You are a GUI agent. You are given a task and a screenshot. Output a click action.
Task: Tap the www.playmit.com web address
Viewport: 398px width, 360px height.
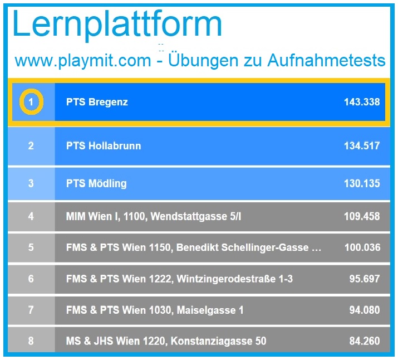(82, 60)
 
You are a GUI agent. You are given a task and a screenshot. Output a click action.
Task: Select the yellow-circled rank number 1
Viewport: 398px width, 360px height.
(31, 102)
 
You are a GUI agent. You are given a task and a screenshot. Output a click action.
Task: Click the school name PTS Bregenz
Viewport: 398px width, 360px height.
(97, 102)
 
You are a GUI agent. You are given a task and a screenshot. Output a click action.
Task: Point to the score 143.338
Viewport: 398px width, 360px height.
(362, 102)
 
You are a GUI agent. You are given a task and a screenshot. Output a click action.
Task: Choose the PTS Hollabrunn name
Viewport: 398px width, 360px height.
(104, 146)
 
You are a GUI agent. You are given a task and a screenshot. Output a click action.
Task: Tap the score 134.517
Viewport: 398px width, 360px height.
(362, 146)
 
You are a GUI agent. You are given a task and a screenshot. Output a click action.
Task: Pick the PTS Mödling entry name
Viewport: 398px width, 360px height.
(96, 183)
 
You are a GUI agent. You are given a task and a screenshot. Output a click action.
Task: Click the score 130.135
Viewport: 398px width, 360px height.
(362, 183)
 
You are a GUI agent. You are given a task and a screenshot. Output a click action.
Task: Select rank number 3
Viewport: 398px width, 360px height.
(31, 183)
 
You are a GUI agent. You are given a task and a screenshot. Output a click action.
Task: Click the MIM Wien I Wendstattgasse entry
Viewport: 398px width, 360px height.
(154, 216)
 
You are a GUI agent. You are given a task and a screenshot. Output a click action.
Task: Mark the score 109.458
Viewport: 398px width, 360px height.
(362, 216)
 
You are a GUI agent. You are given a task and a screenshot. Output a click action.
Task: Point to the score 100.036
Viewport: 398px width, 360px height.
(362, 247)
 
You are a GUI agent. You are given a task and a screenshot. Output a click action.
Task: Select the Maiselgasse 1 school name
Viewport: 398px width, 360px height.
(155, 310)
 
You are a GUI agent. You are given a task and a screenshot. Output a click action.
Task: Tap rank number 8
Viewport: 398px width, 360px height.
(31, 340)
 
